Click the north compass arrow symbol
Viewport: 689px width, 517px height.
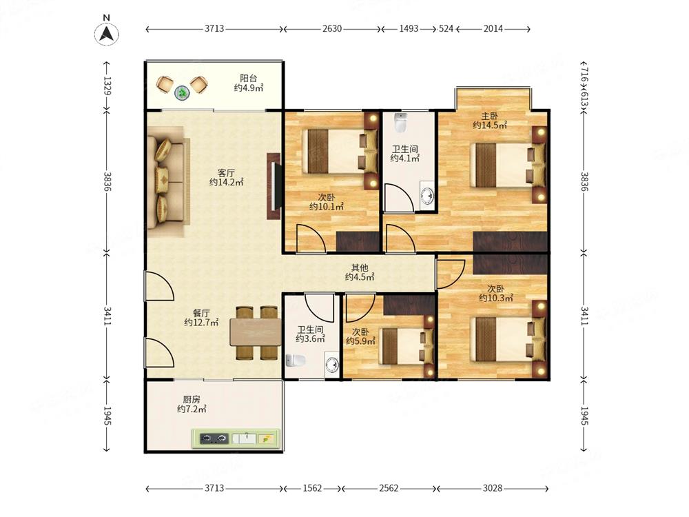tap(106, 34)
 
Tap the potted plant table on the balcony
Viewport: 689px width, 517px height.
tap(182, 93)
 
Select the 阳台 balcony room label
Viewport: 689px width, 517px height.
tap(248, 78)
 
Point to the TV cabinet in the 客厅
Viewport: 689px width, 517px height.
tap(274, 186)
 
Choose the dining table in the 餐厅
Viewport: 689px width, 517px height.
tap(256, 332)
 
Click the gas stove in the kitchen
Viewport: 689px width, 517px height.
tap(214, 438)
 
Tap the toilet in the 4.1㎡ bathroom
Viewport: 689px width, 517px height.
tap(401, 123)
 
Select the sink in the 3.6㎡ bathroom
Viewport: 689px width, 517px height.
tap(332, 365)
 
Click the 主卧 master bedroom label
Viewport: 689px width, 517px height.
tap(489, 116)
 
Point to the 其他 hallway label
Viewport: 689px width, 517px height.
tap(360, 267)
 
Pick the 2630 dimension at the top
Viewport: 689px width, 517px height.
tap(332, 28)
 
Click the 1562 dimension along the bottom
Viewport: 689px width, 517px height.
tap(312, 488)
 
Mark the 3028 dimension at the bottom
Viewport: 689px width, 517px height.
tap(492, 488)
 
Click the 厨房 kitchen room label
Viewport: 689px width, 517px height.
tap(192, 400)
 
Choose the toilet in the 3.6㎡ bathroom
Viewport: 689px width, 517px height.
tap(296, 361)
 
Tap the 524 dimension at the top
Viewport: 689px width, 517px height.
tap(446, 28)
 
